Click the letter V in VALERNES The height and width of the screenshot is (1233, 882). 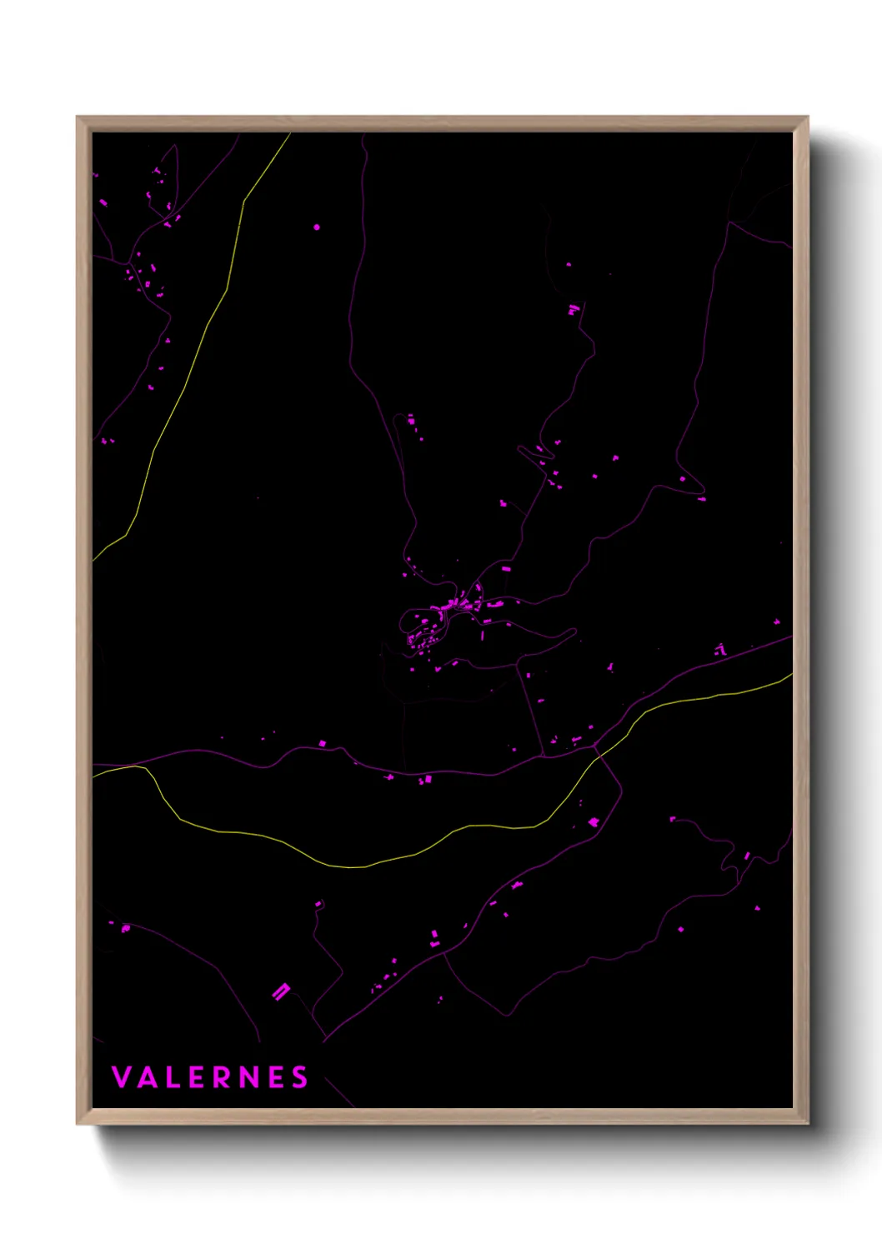pos(122,1077)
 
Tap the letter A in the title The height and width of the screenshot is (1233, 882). pos(148,1077)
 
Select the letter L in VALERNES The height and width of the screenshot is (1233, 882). pos(173,1077)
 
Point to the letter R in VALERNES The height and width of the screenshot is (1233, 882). pos(223,1077)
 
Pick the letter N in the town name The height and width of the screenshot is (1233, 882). pos(248,1077)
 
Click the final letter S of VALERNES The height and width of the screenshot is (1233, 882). pos(299,1077)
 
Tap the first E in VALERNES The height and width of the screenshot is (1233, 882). pos(197,1077)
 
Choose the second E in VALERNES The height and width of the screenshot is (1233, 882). pos(275,1077)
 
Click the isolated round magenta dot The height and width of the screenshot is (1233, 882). pos(317,227)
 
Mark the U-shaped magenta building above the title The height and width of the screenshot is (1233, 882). pos(281,991)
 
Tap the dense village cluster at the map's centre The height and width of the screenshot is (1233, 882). pos(442,616)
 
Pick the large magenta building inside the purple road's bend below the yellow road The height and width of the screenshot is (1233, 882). pos(594,822)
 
